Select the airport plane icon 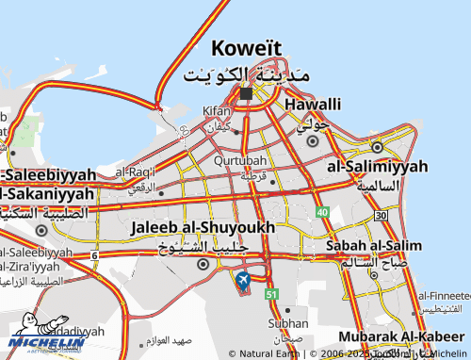[243, 279]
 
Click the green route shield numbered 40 [323, 213]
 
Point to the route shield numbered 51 [271, 295]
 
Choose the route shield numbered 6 [94, 255]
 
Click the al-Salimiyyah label [377, 166]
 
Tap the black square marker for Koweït [246, 93]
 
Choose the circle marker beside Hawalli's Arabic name [312, 141]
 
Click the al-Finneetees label [442, 295]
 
